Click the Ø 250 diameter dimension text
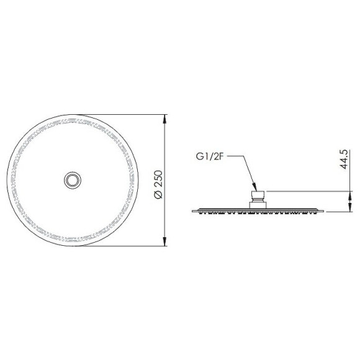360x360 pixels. click(x=159, y=184)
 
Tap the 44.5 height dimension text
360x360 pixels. click(x=344, y=160)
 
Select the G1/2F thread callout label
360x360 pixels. click(x=210, y=156)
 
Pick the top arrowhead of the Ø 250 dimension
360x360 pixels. click(x=164, y=119)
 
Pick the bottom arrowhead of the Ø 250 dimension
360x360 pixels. click(x=164, y=241)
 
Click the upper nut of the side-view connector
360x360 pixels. click(x=258, y=196)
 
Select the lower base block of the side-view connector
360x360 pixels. click(x=258, y=205)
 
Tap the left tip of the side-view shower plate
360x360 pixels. click(x=192, y=211)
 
